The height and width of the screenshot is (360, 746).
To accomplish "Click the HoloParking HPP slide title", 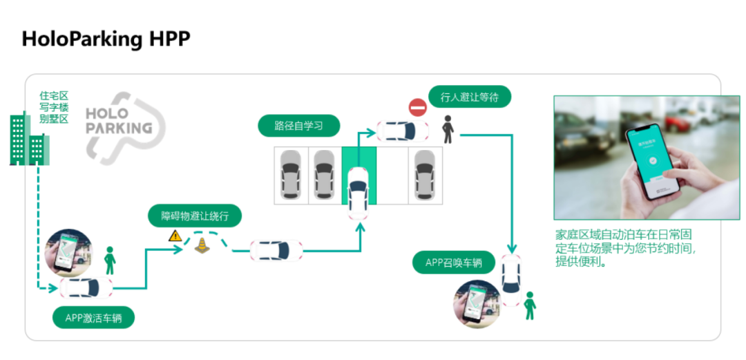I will click(106, 38).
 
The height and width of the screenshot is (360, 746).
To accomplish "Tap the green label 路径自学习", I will click(298, 126).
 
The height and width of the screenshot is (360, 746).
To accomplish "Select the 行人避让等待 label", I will click(469, 97).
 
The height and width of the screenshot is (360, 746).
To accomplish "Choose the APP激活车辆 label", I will click(93, 318).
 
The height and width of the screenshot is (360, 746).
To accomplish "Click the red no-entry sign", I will click(418, 108).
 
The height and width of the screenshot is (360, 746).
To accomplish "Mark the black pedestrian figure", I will click(448, 129).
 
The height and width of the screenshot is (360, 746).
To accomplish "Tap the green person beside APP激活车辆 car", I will click(110, 260).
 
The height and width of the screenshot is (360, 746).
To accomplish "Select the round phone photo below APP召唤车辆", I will click(477, 303).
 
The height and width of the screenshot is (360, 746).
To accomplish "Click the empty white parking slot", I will click(392, 176).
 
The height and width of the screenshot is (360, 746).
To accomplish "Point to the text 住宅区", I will click(53, 96).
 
